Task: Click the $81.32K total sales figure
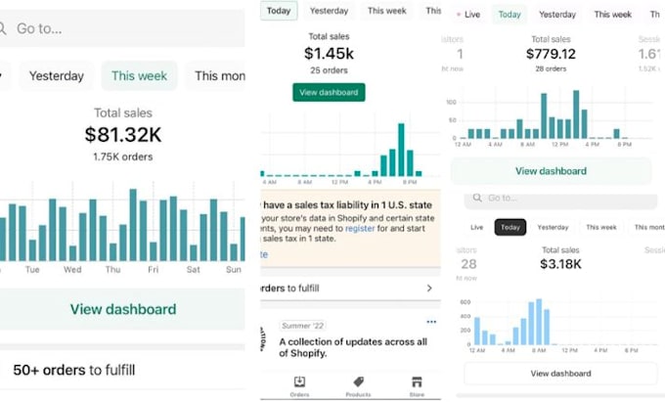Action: pyautogui.click(x=123, y=135)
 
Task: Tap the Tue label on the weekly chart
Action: pyautogui.click(x=32, y=270)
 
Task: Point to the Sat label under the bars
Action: pyautogui.click(x=193, y=270)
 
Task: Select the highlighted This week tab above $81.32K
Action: pyautogui.click(x=138, y=75)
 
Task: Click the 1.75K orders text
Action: pyautogui.click(x=123, y=156)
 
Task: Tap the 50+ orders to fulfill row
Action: pyautogui.click(x=73, y=370)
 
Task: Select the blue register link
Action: pyautogui.click(x=359, y=228)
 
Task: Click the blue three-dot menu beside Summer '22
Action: pyautogui.click(x=431, y=322)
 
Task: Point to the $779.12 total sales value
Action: pyautogui.click(x=551, y=54)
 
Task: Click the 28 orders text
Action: pyautogui.click(x=551, y=69)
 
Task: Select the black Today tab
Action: pyautogui.click(x=510, y=227)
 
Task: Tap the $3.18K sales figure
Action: pyautogui.click(x=560, y=264)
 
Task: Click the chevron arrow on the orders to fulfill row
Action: pyautogui.click(x=429, y=289)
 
